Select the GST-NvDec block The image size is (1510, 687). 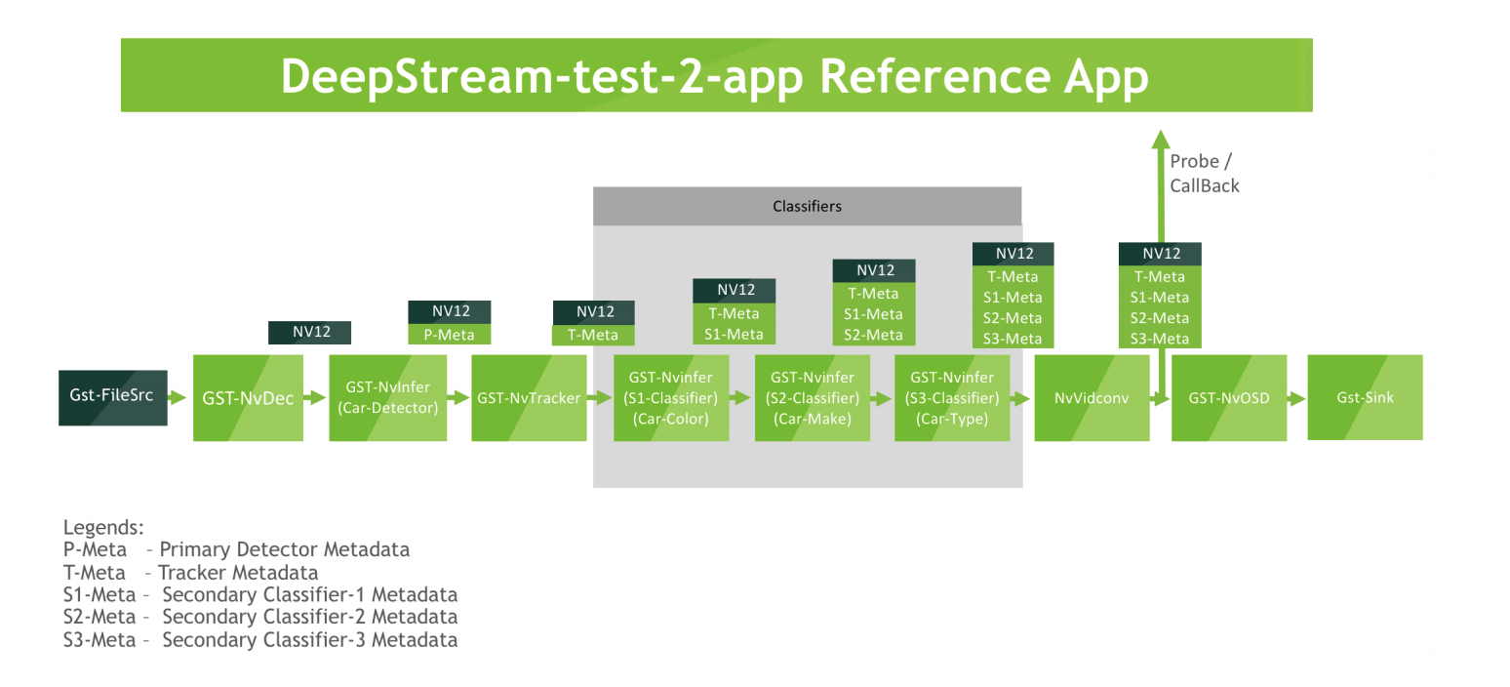248,397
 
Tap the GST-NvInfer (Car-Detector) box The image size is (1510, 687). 387,397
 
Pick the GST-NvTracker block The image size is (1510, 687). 529,397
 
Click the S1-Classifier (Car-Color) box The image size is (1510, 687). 671,398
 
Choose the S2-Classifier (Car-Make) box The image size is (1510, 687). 812,398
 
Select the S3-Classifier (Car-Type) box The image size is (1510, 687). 952,398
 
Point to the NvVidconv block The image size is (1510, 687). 1092,398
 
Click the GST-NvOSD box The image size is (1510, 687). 1228,398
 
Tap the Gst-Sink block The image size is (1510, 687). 1365,397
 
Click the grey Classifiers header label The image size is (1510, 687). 807,206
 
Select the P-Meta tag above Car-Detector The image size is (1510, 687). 449,335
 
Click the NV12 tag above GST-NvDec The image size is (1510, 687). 310,332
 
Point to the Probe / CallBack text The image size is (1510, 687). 1204,173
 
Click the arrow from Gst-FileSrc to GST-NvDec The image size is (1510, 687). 178,397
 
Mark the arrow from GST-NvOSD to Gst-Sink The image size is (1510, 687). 1296,398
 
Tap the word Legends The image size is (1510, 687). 103,527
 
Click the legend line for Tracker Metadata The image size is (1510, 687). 191,572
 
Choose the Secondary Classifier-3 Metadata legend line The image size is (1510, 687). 260,640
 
